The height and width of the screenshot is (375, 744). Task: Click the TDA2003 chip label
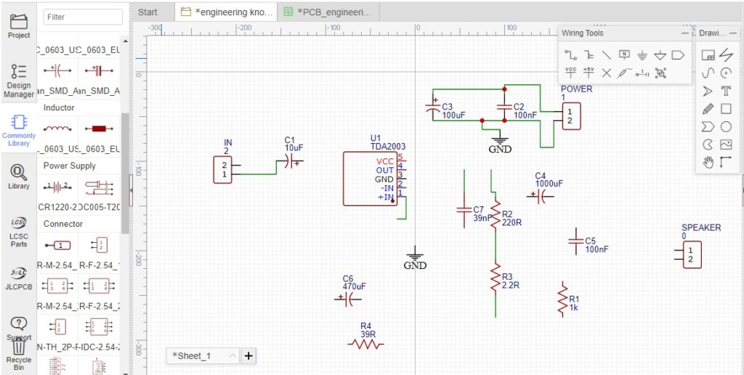click(388, 147)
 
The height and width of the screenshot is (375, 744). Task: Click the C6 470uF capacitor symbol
click(348, 299)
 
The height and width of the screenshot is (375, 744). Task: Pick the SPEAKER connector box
click(690, 254)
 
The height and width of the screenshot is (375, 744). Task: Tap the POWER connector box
click(571, 116)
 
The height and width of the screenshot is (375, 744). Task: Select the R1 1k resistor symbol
click(562, 299)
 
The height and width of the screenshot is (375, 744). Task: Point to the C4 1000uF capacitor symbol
click(540, 195)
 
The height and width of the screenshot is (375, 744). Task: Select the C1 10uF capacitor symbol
click(291, 163)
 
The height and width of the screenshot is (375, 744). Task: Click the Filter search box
click(83, 17)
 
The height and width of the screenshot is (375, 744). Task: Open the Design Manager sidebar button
click(19, 80)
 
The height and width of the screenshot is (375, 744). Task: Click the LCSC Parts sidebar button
click(19, 232)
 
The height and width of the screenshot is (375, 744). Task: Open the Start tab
click(147, 12)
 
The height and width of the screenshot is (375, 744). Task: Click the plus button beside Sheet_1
click(248, 355)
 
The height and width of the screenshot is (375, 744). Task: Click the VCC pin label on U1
click(385, 161)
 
